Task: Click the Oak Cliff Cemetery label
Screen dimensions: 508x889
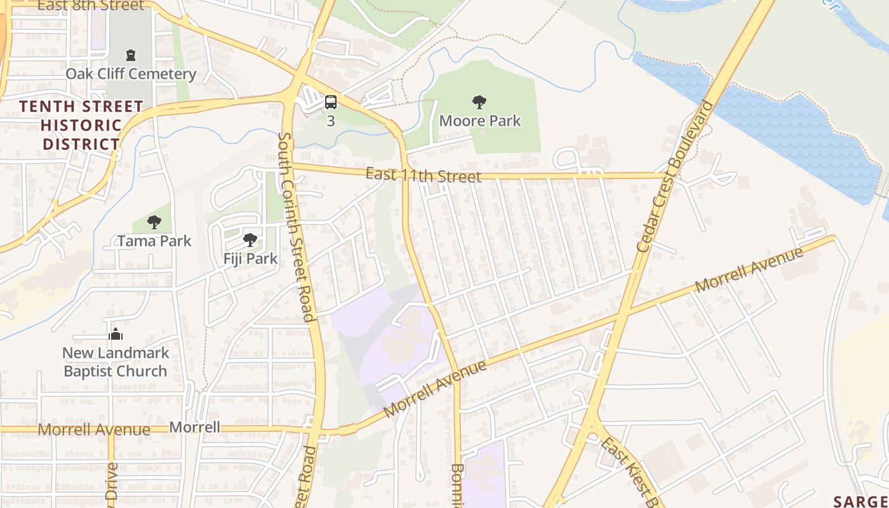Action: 131,74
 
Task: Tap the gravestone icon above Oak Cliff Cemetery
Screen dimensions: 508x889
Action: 131,55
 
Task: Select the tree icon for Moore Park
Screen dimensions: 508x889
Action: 479,102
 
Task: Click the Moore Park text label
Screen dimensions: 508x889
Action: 479,121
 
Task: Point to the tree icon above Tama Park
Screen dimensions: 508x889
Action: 154,222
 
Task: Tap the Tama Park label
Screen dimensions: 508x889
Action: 154,241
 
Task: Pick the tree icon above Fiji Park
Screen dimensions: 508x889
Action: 250,240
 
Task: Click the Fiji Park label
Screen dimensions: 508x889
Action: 250,258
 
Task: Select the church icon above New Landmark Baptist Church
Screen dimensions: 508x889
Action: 116,334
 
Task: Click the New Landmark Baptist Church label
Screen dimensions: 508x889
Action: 116,362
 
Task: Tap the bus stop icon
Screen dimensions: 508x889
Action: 330,102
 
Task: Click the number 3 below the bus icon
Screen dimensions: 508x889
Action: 330,121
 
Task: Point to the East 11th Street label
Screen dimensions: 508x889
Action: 424,175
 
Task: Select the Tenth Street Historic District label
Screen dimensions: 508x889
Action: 81,125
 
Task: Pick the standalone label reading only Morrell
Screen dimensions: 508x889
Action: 195,427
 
